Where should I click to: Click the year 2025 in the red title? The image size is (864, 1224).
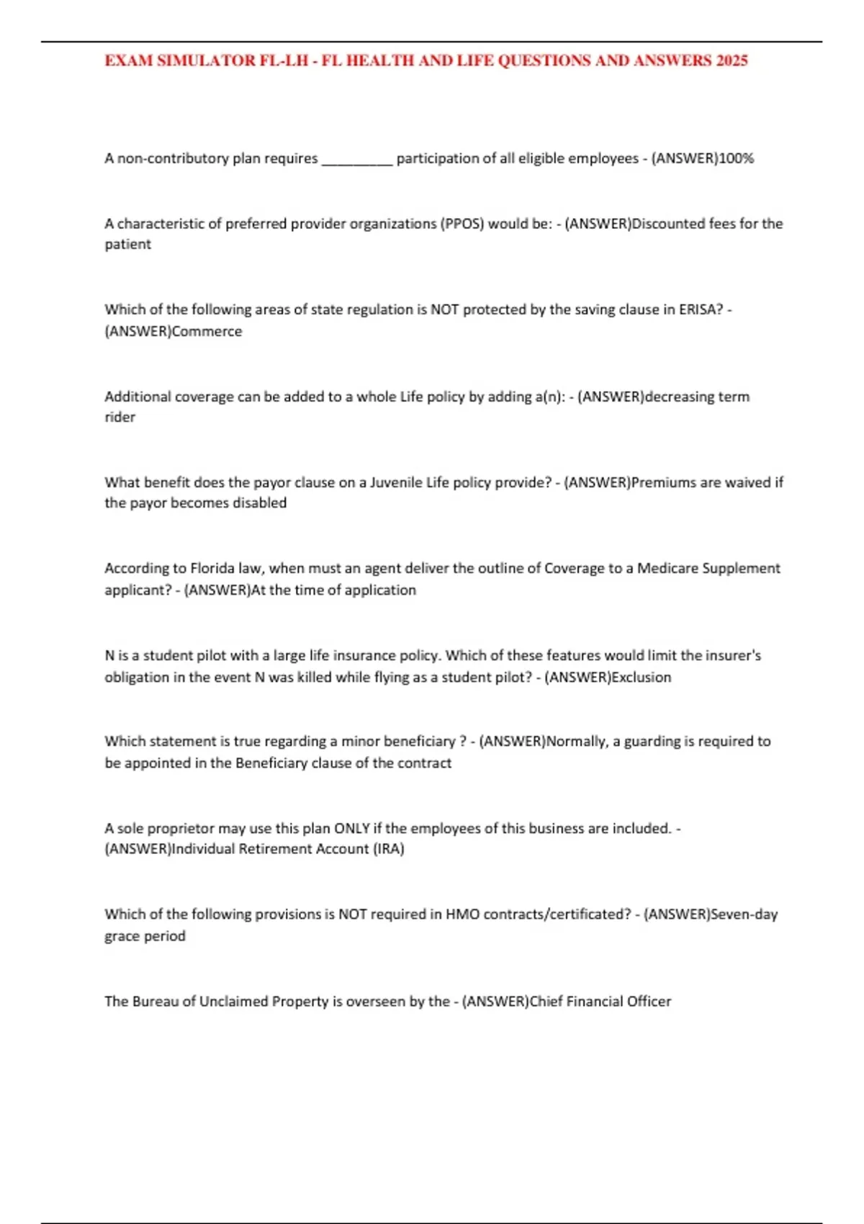(732, 60)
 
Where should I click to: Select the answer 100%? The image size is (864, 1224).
(737, 158)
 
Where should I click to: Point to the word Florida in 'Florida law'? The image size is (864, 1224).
(213, 568)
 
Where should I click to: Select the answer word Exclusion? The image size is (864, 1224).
(641, 678)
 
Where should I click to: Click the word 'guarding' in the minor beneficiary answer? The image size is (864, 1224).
(652, 742)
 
